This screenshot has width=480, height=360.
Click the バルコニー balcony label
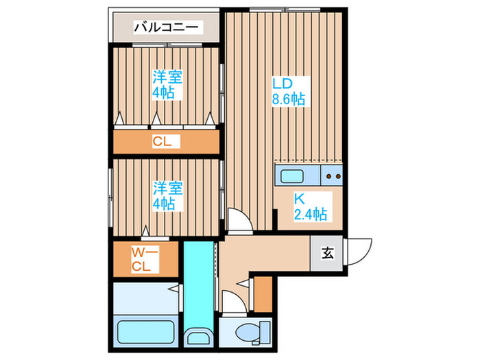pos(165,27)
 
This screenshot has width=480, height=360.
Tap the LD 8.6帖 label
pos(288,91)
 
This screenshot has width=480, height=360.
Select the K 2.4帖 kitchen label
pos(310,206)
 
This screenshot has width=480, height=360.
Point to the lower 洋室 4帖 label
pos(167,195)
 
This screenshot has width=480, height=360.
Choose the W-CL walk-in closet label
pos(145,259)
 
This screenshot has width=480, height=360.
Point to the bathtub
pos(143,332)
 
